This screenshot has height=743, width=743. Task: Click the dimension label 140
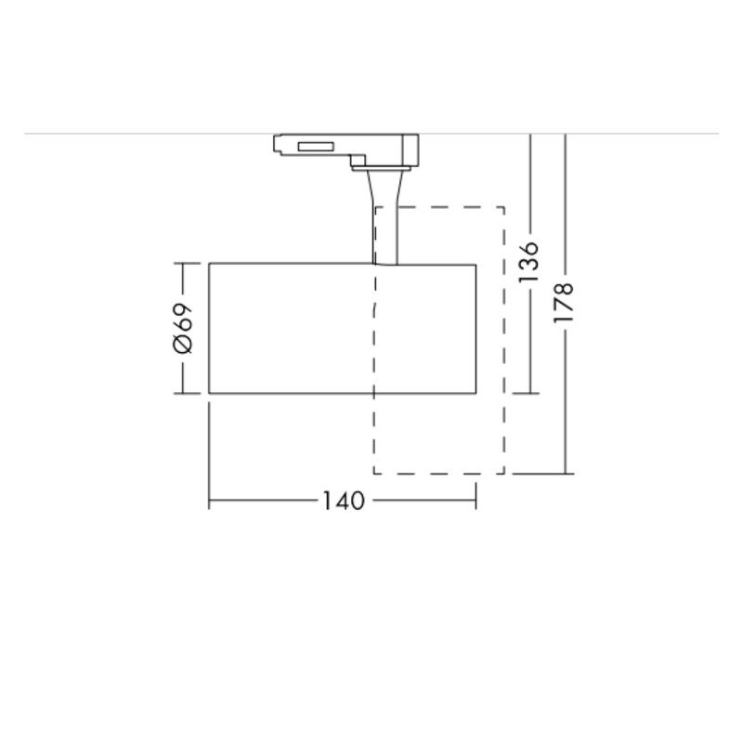pos(344,501)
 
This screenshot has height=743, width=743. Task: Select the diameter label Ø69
pos(183,328)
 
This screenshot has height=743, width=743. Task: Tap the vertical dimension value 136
pos(529,262)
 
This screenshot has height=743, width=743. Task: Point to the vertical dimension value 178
pos(564,304)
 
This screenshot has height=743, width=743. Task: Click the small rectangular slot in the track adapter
pos(316,147)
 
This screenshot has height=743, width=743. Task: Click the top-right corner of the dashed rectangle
pos(504,207)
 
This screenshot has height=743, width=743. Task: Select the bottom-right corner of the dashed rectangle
pos(504,474)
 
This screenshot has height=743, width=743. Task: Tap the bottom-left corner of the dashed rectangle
pos(374,474)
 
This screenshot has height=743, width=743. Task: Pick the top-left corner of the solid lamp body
pos(210,264)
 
